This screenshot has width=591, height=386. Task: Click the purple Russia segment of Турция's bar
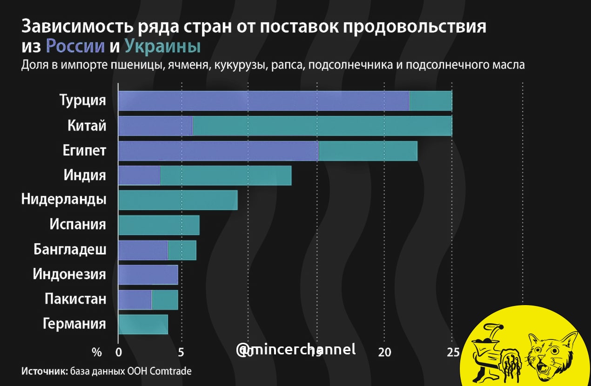pos(263,101)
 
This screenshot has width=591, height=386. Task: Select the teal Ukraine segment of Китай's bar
pos(322,126)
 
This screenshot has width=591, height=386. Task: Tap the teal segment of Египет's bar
pos(368,151)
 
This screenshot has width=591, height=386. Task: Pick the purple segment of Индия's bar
pos(139,175)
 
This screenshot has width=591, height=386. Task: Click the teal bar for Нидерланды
pos(178,200)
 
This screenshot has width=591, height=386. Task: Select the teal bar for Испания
pos(159,225)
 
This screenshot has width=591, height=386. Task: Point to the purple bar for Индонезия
pos(148,274)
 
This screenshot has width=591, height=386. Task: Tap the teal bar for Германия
pos(143,324)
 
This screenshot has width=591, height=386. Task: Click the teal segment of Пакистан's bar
pos(165,299)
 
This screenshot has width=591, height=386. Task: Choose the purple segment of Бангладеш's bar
pos(143,250)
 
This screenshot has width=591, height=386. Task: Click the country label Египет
pos(84,151)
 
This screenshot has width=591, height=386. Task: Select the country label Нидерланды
pos(64,200)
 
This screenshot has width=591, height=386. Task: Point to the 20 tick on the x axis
pos(384,353)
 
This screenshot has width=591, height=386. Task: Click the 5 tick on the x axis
pos(181,353)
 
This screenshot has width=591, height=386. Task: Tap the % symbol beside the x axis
pos(96,353)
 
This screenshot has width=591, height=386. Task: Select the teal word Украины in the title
pos(163,47)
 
